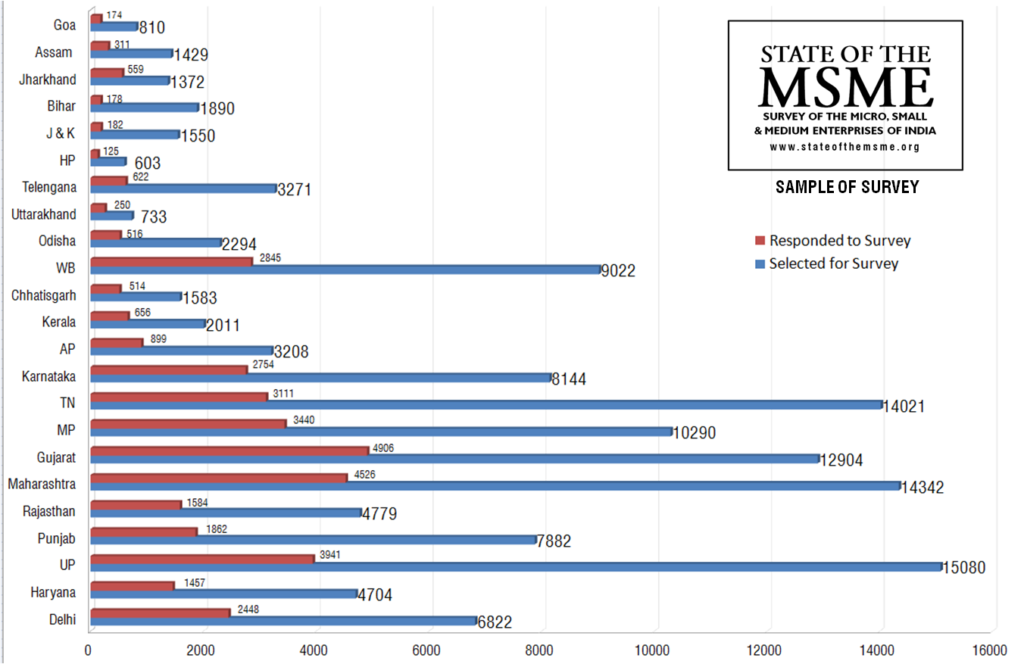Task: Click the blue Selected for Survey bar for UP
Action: tap(515, 567)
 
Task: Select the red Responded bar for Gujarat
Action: tap(230, 450)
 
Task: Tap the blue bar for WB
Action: tap(345, 269)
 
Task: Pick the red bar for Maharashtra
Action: tap(219, 477)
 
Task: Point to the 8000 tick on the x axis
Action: tap(542, 650)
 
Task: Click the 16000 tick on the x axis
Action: tap(992, 650)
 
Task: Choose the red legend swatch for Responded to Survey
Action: tap(759, 241)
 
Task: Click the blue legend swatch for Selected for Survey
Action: tap(759, 264)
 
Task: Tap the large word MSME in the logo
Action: tap(845, 88)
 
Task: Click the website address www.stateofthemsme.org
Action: tap(845, 147)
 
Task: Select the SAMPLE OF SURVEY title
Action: tap(846, 187)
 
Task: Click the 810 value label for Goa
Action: tap(152, 27)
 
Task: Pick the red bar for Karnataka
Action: tap(169, 369)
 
